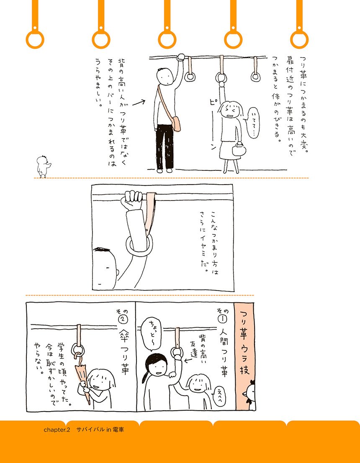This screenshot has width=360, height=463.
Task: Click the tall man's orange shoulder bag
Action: pyautogui.click(x=176, y=123)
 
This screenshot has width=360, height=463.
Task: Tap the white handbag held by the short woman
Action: pyautogui.click(x=239, y=149)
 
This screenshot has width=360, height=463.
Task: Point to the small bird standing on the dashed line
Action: pyautogui.click(x=44, y=167)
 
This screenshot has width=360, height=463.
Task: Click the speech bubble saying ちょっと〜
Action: pyautogui.click(x=152, y=334)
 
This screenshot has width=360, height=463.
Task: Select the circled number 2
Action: pyautogui.click(x=123, y=320)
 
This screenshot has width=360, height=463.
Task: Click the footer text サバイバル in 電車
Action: pyautogui.click(x=100, y=430)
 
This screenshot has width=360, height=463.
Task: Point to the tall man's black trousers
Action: pyautogui.click(x=165, y=147)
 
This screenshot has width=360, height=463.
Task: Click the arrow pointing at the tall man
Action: pyautogui.click(x=139, y=103)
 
